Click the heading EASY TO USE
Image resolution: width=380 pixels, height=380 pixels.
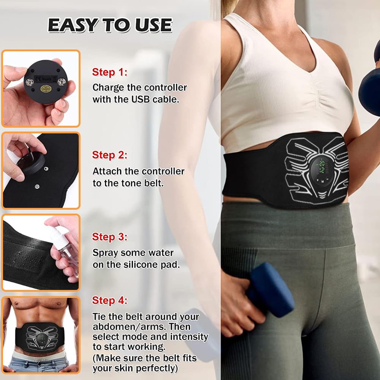pyautogui.click(x=110, y=25)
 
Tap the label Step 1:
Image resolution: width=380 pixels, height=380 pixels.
pyautogui.click(x=109, y=72)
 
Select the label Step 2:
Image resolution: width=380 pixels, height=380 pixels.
pyautogui.click(x=109, y=155)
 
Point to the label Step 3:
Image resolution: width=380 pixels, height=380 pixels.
pyautogui.click(x=109, y=237)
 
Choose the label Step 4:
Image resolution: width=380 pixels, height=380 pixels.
pyautogui.click(x=109, y=301)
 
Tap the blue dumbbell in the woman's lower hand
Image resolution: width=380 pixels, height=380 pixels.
pyautogui.click(x=269, y=290)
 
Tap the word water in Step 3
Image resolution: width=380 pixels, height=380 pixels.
pyautogui.click(x=161, y=253)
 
